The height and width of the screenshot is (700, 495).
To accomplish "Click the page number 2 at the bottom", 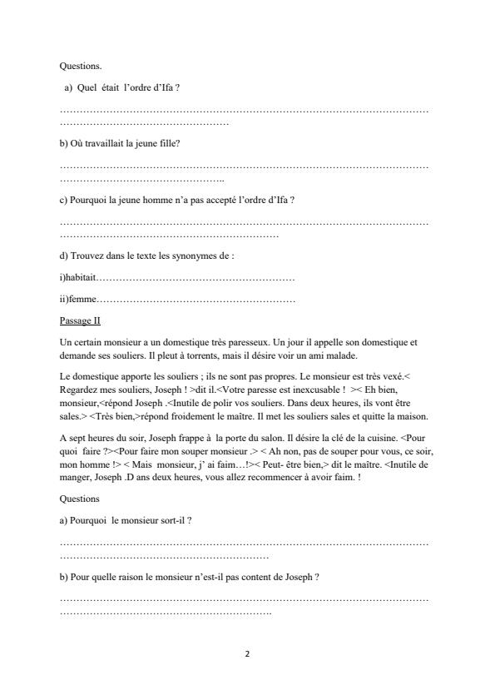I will click(247, 654).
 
